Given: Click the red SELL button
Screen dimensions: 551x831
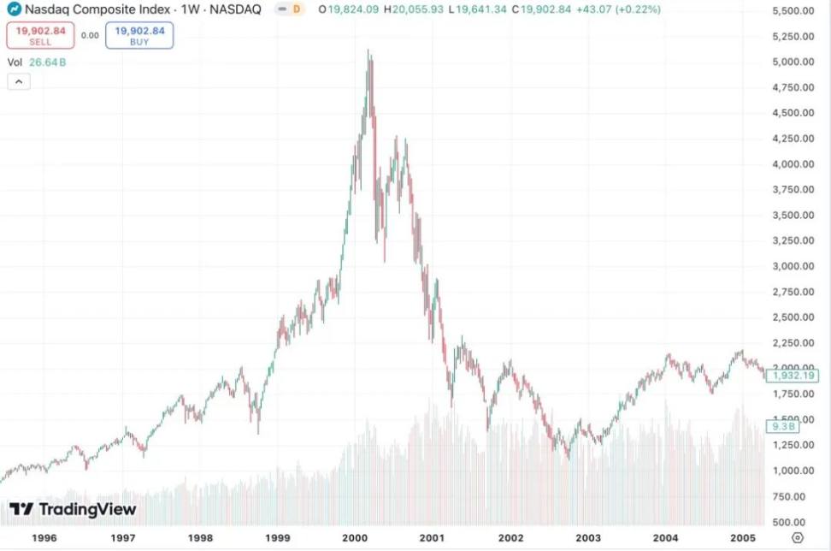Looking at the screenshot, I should tap(40, 35).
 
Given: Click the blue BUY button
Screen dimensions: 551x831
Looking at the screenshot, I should tap(139, 35).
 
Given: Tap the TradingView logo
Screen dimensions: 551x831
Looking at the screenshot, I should tap(73, 509).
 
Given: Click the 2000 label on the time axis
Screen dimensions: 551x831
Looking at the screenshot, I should tap(355, 537).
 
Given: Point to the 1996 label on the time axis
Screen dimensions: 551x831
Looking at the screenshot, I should tap(44, 537).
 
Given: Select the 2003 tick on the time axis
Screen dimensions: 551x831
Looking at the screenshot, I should tap(588, 537).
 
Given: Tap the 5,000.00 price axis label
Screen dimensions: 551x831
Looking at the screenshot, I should tap(791, 62).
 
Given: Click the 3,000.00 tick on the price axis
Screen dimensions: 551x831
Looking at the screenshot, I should tap(791, 266).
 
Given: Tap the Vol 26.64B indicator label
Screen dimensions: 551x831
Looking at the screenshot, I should tap(37, 62).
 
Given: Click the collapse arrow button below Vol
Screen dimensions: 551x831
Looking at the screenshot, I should tap(19, 81).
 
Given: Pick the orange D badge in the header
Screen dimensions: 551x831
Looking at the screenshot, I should tap(296, 9).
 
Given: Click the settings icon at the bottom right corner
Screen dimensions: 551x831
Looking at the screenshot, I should tap(797, 537).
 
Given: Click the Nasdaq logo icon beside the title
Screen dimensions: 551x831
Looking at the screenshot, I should tap(14, 9).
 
